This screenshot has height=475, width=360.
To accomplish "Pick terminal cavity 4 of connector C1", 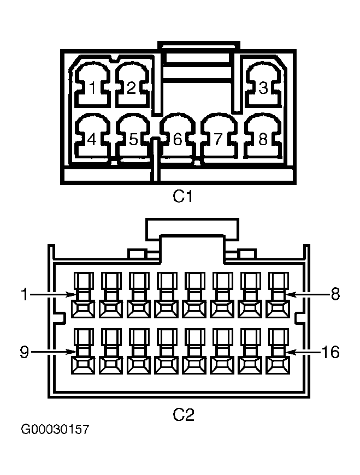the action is click(x=92, y=136).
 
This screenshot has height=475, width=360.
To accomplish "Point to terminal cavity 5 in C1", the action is click(x=133, y=136).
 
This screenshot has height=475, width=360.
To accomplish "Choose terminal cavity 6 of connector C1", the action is click(x=178, y=136).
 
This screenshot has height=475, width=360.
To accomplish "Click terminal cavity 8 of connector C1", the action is click(x=263, y=136).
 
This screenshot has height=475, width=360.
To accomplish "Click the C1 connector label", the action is click(x=182, y=197).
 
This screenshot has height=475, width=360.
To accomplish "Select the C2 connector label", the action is click(x=183, y=414).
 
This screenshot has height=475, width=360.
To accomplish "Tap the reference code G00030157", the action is click(x=55, y=429).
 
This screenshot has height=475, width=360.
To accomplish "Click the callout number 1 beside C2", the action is click(x=25, y=294).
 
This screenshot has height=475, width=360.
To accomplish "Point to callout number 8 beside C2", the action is click(x=335, y=294).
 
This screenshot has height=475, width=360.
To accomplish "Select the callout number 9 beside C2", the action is click(x=24, y=352).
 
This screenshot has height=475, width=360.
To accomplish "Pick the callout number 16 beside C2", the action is click(x=331, y=352).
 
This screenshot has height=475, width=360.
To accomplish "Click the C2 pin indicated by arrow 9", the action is click(x=82, y=352).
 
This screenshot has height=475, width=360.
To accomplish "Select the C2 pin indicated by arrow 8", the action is click(x=278, y=294).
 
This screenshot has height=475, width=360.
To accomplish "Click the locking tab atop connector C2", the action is click(x=192, y=229).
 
